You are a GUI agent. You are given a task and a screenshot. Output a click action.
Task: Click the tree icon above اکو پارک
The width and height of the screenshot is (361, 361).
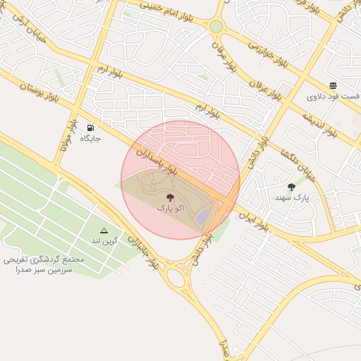169,197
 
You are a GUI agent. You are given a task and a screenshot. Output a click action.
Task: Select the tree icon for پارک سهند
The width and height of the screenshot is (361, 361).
291,187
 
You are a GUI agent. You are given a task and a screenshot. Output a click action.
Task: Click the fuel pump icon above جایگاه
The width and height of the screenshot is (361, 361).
90,128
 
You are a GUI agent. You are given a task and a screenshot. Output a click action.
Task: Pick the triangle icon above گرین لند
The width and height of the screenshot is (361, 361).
104,230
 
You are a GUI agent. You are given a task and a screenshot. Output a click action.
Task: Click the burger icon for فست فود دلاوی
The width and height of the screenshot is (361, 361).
333,85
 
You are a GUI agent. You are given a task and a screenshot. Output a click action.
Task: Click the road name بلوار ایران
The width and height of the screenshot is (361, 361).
253,219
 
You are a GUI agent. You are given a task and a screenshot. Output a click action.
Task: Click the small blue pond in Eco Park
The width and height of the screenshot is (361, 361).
202,216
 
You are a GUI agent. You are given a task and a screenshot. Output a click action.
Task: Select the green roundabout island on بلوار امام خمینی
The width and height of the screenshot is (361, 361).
216,27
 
